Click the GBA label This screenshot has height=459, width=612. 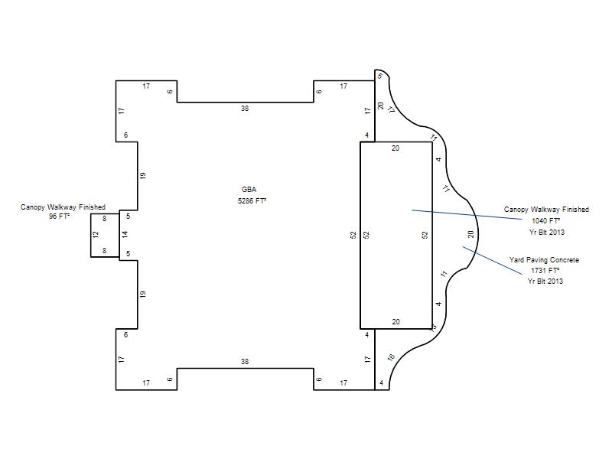point(249,190)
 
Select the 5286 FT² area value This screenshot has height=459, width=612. point(252,201)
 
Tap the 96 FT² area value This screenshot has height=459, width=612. point(60,216)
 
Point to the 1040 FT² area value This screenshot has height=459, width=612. point(546,221)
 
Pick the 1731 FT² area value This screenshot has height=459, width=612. point(545,271)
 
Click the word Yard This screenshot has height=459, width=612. point(517,260)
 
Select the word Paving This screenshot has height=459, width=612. point(537,260)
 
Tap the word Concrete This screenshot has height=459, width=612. point(565,260)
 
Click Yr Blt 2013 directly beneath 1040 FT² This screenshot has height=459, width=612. point(547,233)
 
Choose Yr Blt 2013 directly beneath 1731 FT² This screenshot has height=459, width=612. point(545,282)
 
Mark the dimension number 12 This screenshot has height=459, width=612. point(96,235)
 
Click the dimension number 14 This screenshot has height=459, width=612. point(125,235)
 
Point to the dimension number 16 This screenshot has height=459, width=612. point(391,357)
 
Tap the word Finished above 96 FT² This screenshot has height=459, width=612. point(92,207)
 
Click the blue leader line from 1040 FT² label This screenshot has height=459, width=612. point(467,215)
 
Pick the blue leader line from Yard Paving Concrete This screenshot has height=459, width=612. point(492,260)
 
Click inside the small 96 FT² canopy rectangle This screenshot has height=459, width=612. point(105,235)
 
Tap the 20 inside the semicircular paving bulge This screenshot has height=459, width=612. point(470,235)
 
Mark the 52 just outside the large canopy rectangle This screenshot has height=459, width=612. point(353,235)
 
